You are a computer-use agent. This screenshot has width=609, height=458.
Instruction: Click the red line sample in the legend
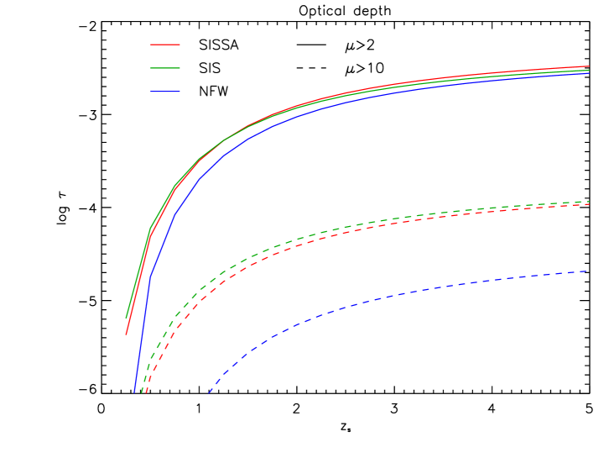pyautogui.click(x=165, y=44)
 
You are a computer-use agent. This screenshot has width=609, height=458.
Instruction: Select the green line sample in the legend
pyautogui.click(x=165, y=67)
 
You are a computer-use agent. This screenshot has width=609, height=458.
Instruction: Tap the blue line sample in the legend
pyautogui.click(x=165, y=91)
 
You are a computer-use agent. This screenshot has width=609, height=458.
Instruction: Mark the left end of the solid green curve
pyautogui.click(x=127, y=318)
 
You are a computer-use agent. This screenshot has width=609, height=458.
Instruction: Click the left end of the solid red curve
pyautogui.click(x=127, y=334)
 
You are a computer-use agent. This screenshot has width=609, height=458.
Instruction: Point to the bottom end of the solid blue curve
pyautogui.click(x=134, y=392)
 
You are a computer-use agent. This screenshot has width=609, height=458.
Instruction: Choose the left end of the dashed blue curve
pyautogui.click(x=209, y=392)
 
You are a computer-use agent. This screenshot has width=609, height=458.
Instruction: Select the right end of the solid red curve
pyautogui.click(x=589, y=66)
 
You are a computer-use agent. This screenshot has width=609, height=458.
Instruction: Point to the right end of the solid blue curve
pyautogui.click(x=589, y=73)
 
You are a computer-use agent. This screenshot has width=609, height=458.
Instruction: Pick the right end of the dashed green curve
pyautogui.click(x=589, y=202)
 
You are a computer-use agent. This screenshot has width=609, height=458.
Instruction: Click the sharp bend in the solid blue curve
pyautogui.click(x=150, y=276)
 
